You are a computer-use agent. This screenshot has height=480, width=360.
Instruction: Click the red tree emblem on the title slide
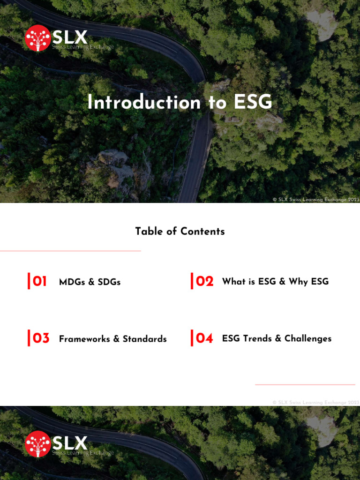[38, 38]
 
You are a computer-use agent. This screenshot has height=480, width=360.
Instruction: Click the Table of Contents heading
[180, 231]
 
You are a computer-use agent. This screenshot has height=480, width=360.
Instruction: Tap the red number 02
[204, 281]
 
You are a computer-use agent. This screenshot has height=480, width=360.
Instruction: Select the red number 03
[41, 338]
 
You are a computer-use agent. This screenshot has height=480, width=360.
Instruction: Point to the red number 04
[204, 338]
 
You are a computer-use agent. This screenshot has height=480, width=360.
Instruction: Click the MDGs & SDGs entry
[90, 282]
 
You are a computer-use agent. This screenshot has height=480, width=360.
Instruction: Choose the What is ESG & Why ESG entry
[275, 281]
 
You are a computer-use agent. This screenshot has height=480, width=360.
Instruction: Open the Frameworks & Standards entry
[112, 339]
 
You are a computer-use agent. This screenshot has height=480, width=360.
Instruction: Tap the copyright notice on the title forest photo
[315, 200]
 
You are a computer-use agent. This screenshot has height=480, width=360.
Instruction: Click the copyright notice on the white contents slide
[315, 402]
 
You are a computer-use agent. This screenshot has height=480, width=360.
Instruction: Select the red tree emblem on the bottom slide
[38, 444]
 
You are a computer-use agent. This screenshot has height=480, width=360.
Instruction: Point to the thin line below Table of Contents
[70, 251]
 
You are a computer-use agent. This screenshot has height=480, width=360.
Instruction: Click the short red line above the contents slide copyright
[305, 385]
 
